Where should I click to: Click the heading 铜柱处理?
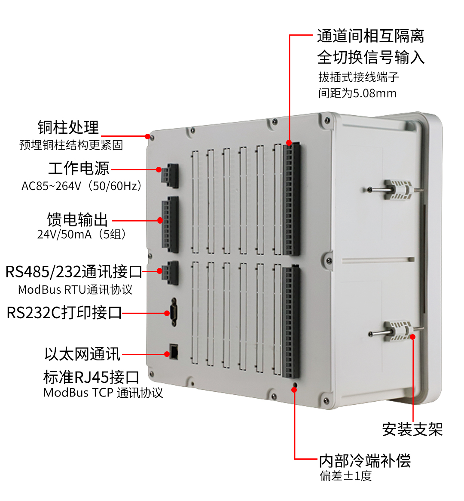[x=68, y=128]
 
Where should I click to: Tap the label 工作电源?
[x=79, y=168]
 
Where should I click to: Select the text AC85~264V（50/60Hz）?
[x=82, y=186]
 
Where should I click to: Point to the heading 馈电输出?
[x=77, y=219]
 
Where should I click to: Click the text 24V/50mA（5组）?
[x=82, y=235]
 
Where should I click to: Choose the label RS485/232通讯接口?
[x=73, y=272]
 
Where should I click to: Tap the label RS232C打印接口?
[x=64, y=313]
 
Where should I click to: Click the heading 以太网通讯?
[x=82, y=354]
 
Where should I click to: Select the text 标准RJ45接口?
[x=91, y=377]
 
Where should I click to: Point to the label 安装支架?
[x=412, y=429]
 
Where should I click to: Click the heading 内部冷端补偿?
[x=364, y=461]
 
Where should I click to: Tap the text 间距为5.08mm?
[x=357, y=93]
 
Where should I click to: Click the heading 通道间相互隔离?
[x=370, y=36]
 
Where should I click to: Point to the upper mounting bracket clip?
[x=398, y=189]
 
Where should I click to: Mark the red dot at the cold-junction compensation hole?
[x=294, y=390]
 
